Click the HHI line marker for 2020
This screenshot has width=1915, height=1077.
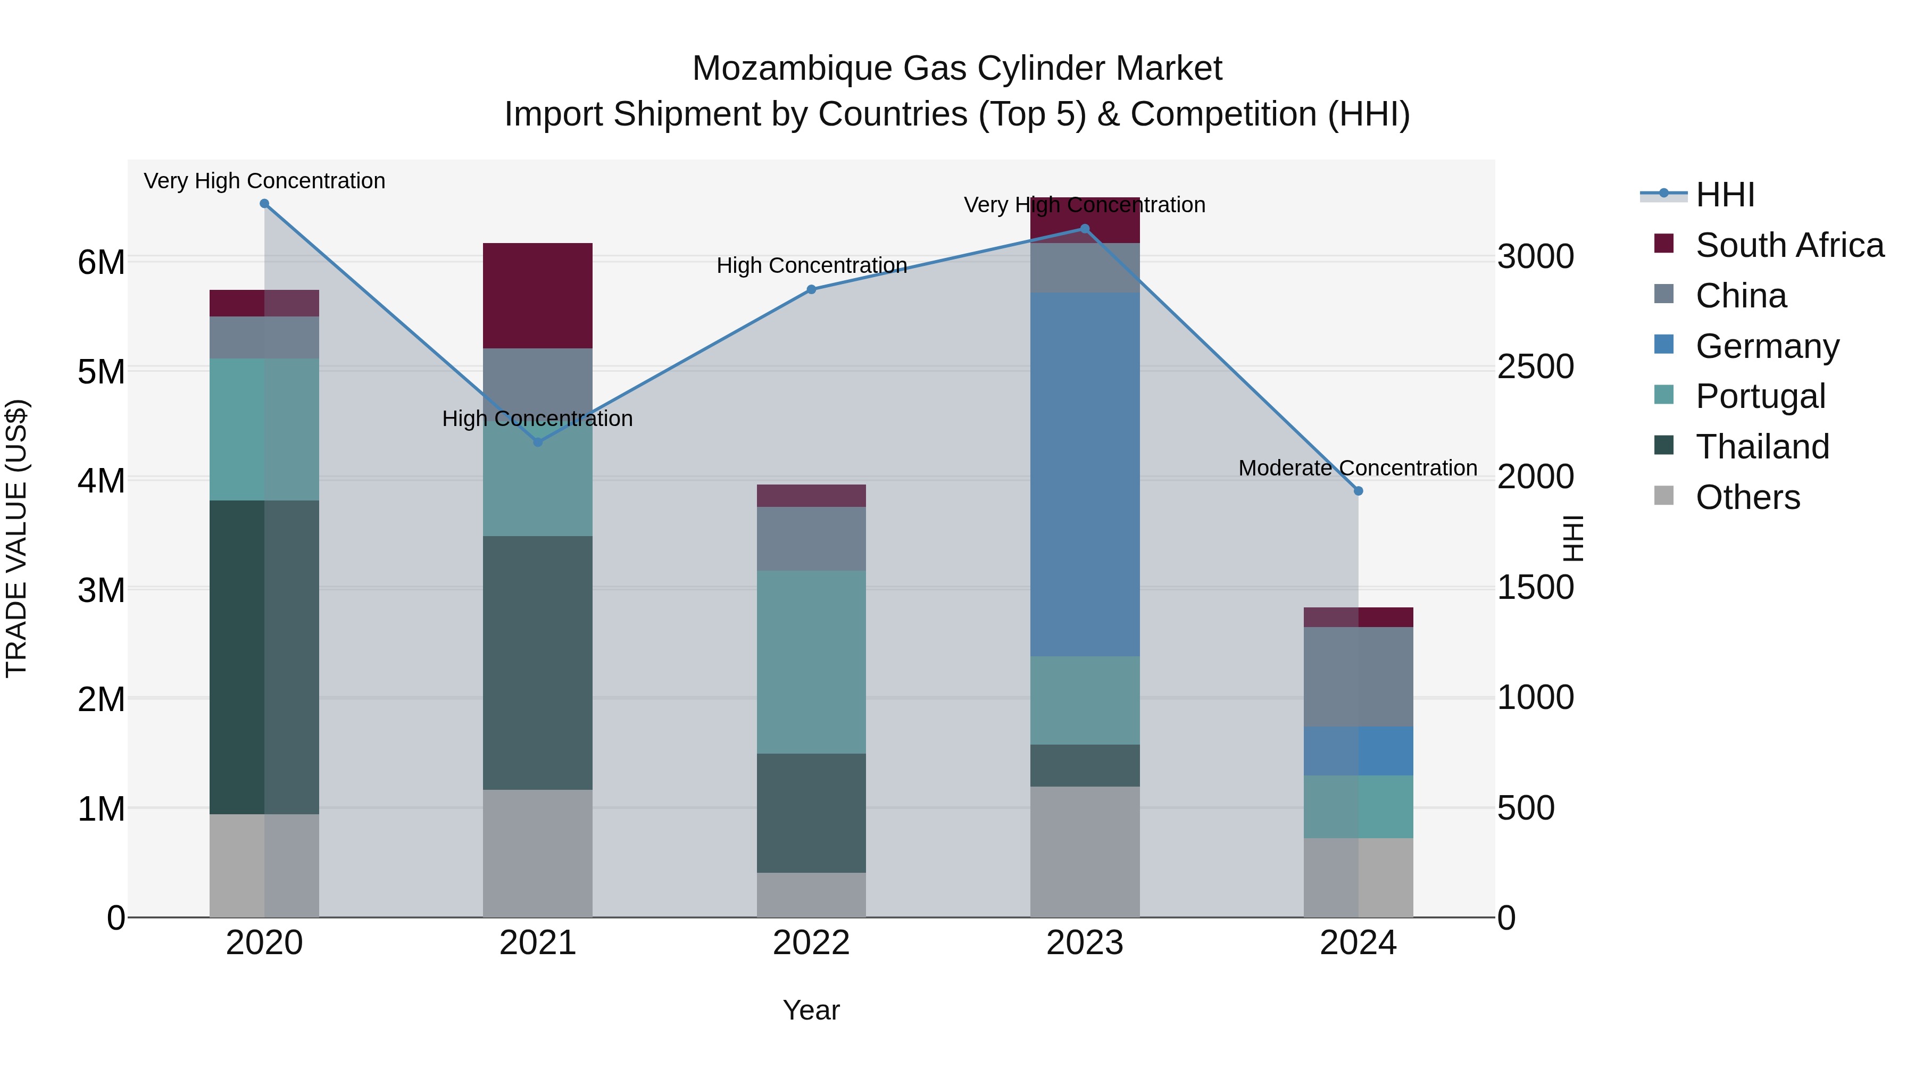tap(264, 204)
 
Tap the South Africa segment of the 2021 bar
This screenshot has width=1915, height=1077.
tap(537, 295)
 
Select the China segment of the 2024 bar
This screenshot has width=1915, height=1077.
tap(1358, 677)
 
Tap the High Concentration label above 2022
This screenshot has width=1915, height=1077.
tap(811, 265)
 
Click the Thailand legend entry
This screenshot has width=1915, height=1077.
tap(1761, 447)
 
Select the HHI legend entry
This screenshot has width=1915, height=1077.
tap(1725, 195)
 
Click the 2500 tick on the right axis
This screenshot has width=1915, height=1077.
tap(1535, 366)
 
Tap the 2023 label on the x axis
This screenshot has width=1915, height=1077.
tap(1085, 943)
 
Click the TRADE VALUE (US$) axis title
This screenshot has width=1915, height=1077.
tap(16, 538)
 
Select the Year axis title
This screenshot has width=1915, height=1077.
tap(811, 1010)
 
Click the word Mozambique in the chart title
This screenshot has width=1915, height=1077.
tap(791, 69)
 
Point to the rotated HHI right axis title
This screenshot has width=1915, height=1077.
tap(1573, 538)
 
